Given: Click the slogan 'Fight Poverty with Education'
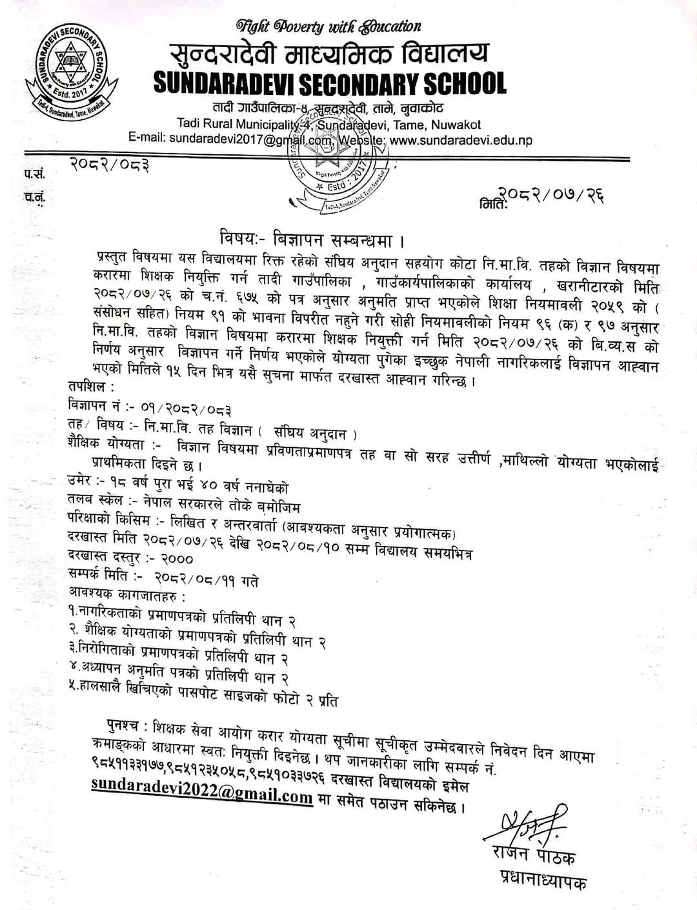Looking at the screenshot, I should click(x=328, y=26).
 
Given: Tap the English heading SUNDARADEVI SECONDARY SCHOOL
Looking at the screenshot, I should click(x=330, y=83).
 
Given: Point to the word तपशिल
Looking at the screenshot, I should click(x=91, y=387).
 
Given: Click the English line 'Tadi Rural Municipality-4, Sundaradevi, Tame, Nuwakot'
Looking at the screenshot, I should click(x=329, y=125).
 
